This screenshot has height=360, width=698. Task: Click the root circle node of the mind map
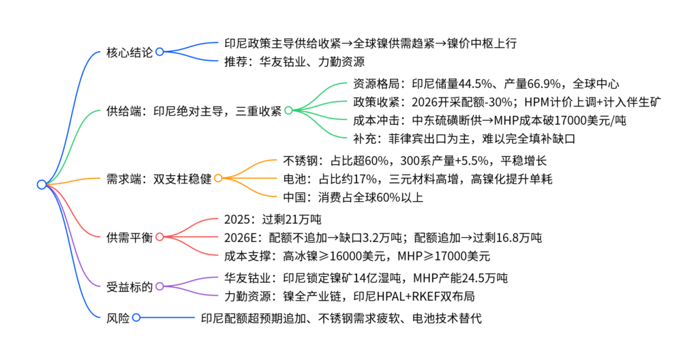pyautogui.click(x=42, y=184)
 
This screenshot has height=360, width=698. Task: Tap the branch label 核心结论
pyautogui.click(x=130, y=52)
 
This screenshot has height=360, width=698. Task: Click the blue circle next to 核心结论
pyautogui.click(x=160, y=52)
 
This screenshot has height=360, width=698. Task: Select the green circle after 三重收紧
pyautogui.click(x=288, y=110)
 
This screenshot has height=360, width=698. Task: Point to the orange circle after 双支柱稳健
pyautogui.click(x=218, y=178)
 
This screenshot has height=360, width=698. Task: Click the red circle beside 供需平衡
pyautogui.click(x=160, y=237)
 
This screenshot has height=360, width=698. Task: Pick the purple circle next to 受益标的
pyautogui.click(x=160, y=286)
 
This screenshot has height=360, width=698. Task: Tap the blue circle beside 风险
pyautogui.click(x=136, y=317)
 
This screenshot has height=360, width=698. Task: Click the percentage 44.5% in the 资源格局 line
pyautogui.click(x=475, y=84)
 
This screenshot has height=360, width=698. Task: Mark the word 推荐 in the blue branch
pyautogui.click(x=236, y=61)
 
